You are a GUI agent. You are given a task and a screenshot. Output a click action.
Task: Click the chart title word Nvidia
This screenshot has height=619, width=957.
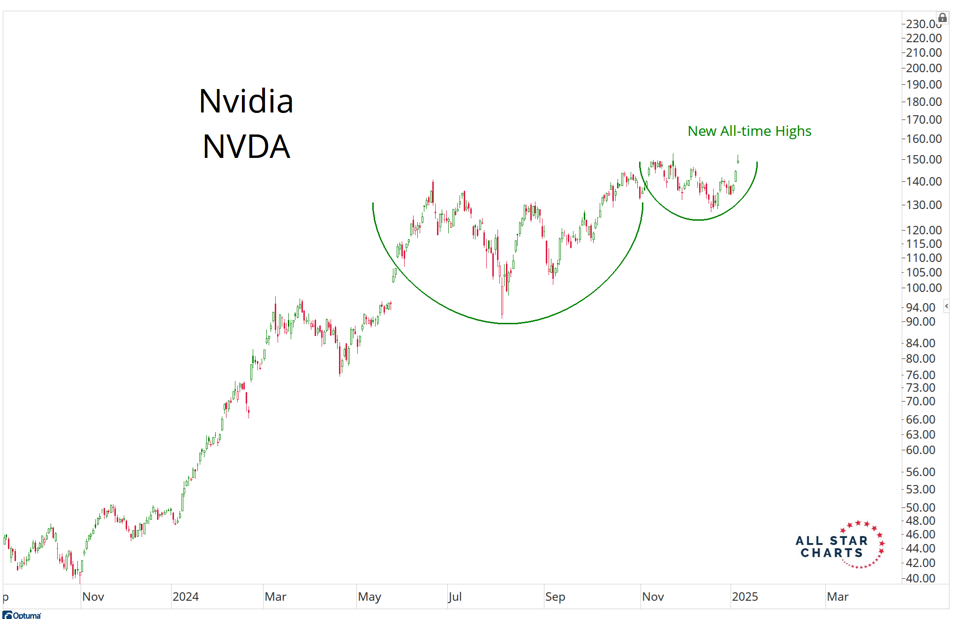coord(246,101)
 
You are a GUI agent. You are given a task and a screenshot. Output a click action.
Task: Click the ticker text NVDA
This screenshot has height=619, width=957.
coord(246,147)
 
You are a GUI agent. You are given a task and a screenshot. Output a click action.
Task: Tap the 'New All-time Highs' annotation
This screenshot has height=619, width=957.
coord(749,131)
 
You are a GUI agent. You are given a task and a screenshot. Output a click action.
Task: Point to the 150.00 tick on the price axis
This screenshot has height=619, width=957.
coord(923,159)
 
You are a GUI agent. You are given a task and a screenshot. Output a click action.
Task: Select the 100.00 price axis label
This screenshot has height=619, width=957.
coord(923,288)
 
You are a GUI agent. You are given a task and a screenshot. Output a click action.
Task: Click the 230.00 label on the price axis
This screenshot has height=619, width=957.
coord(922,23)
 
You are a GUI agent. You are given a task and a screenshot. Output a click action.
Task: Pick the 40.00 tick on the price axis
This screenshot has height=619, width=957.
coord(920,578)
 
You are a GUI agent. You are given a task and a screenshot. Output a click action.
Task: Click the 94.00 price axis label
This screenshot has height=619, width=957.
coord(920,307)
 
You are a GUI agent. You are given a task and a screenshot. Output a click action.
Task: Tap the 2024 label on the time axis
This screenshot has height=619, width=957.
coord(186,597)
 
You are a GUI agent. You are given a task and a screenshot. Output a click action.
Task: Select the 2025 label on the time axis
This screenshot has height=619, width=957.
coord(745,597)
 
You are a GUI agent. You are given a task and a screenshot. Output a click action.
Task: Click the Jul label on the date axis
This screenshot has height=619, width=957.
coord(455,597)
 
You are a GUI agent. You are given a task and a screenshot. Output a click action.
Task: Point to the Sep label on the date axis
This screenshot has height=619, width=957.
coord(555,597)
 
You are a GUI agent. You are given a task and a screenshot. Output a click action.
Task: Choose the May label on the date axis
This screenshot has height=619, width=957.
coord(369,597)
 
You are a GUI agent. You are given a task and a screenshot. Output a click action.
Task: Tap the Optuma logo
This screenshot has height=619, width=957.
coord(22,615)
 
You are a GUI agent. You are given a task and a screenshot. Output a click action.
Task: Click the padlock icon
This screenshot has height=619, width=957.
coord(942,18)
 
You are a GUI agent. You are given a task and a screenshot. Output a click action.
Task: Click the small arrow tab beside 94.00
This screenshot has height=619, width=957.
coord(946,306)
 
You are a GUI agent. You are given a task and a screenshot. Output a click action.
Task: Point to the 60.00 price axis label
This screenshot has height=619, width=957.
coord(920,450)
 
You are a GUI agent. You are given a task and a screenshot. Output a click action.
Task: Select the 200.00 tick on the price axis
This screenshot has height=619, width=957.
coord(923,68)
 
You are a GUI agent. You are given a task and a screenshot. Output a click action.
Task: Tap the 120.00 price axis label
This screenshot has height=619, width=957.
coord(923,230)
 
